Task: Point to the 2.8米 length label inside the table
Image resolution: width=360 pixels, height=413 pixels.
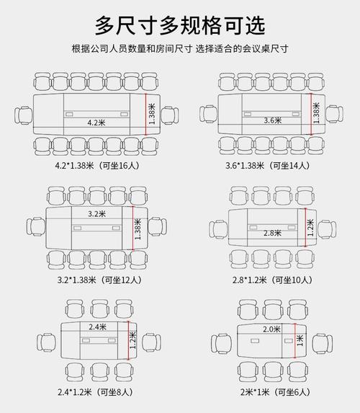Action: [271, 233]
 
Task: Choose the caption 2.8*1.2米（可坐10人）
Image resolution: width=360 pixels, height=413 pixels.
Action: [271, 279]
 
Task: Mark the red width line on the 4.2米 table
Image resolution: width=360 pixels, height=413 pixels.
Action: [146, 113]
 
